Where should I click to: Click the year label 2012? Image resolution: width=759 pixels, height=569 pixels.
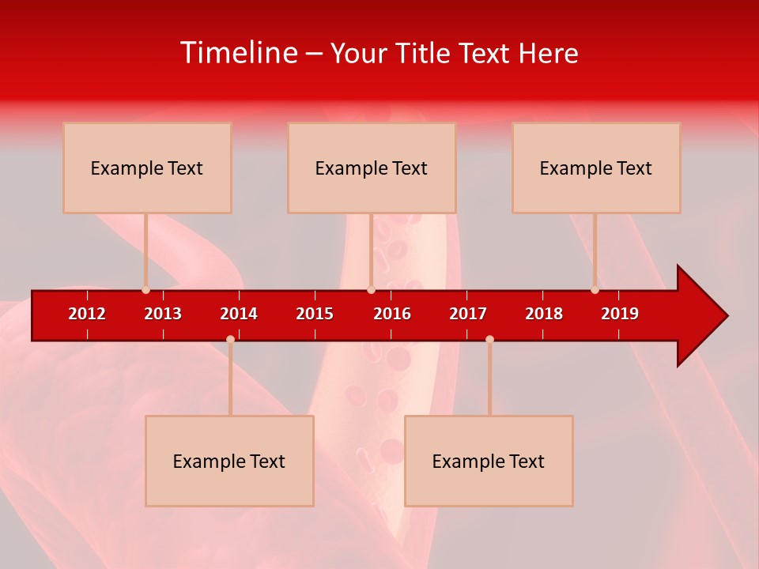coord(87,314)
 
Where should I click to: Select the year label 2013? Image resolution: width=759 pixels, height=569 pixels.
coord(163,314)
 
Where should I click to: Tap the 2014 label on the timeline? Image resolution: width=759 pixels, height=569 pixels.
coord(239,314)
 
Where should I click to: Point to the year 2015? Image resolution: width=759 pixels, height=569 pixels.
coord(315,314)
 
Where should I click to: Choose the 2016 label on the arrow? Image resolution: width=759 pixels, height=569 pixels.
coord(392,314)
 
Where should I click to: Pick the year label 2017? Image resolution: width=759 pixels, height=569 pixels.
coord(468,314)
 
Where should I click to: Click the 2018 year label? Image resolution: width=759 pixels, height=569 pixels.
coord(544,314)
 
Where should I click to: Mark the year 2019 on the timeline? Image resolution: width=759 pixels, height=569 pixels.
coord(620,314)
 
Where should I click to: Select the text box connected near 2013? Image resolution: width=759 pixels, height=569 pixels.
coord(147,168)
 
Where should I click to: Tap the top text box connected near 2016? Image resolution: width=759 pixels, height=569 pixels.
coord(372,168)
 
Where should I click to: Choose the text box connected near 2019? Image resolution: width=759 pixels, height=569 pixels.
coord(596,168)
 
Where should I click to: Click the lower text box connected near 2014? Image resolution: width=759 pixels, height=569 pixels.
coord(229,461)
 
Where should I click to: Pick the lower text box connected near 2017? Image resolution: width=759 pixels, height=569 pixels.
coord(489,461)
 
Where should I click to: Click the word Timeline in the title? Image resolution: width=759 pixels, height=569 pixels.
coord(238,53)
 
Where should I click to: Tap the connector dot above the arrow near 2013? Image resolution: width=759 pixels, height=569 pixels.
coord(145,290)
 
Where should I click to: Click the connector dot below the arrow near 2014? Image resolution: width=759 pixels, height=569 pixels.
coord(230,339)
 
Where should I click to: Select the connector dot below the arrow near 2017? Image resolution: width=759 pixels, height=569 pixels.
coord(489,339)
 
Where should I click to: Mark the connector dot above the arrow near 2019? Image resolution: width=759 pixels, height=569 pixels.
coord(595,290)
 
